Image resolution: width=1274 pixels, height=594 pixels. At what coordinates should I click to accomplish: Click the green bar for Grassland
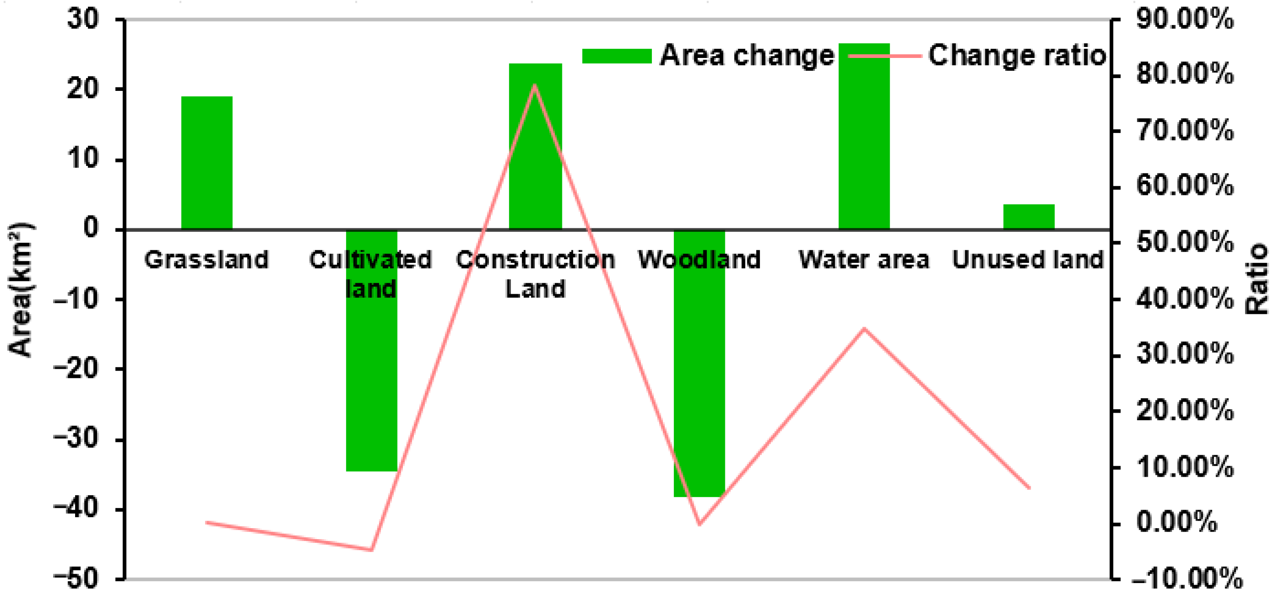click(207, 162)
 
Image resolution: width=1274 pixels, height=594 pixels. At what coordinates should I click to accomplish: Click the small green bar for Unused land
click(1029, 217)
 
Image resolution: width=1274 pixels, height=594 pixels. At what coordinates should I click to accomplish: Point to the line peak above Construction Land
click(535, 85)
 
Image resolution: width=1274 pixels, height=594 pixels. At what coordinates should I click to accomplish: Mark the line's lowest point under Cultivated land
click(371, 550)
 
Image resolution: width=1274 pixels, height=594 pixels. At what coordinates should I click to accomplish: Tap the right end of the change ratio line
click(1030, 488)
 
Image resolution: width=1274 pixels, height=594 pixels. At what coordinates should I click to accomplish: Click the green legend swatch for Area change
click(616, 56)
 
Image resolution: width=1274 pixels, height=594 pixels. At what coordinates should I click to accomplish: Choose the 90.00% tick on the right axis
click(1184, 20)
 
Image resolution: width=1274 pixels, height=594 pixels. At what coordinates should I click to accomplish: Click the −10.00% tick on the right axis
click(1189, 579)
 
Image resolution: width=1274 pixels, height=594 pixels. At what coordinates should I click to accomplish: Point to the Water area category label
click(864, 260)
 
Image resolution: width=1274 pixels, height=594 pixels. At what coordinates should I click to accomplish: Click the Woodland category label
click(699, 260)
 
